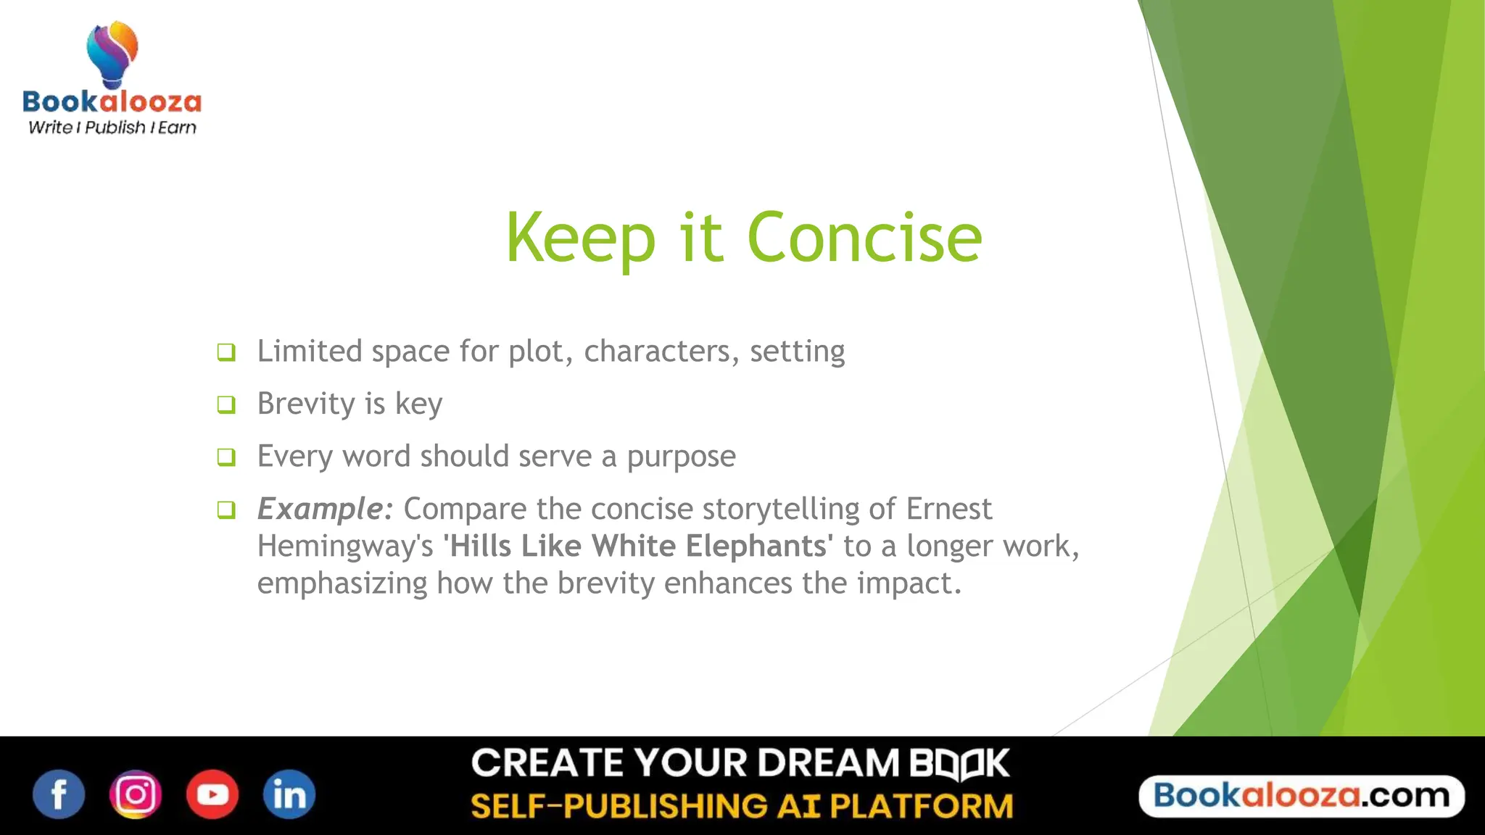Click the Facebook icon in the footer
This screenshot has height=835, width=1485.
(x=59, y=794)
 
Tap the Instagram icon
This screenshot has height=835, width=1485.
(x=136, y=794)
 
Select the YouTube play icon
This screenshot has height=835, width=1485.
(x=212, y=794)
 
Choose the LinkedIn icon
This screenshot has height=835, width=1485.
(x=289, y=794)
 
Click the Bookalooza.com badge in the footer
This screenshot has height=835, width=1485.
(x=1302, y=796)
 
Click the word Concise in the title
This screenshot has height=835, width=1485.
(x=864, y=238)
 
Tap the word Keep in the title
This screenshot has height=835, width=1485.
(x=580, y=238)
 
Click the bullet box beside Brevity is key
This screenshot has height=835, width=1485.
(x=226, y=404)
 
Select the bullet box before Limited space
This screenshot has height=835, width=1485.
(x=226, y=352)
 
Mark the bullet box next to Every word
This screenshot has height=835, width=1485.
(x=226, y=457)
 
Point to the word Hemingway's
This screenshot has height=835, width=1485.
(x=345, y=547)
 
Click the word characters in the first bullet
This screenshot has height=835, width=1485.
(x=661, y=352)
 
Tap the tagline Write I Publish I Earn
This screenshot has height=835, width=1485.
(x=112, y=128)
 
